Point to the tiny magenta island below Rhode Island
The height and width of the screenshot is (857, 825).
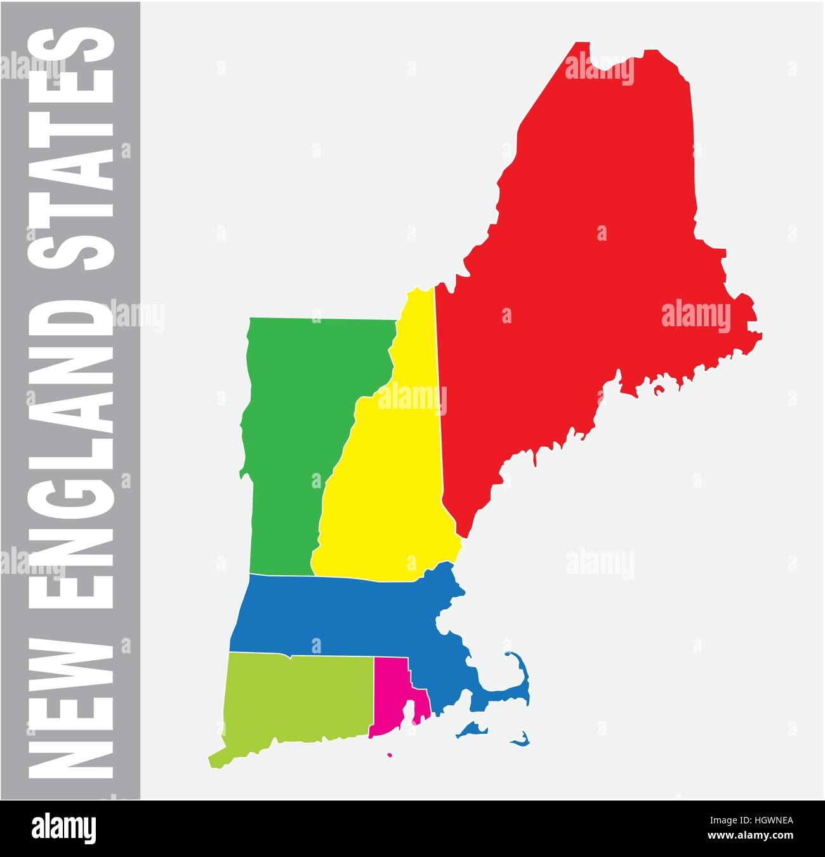point(389,755)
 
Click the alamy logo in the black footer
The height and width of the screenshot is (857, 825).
point(63,828)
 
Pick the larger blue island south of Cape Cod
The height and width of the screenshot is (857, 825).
point(470,729)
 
